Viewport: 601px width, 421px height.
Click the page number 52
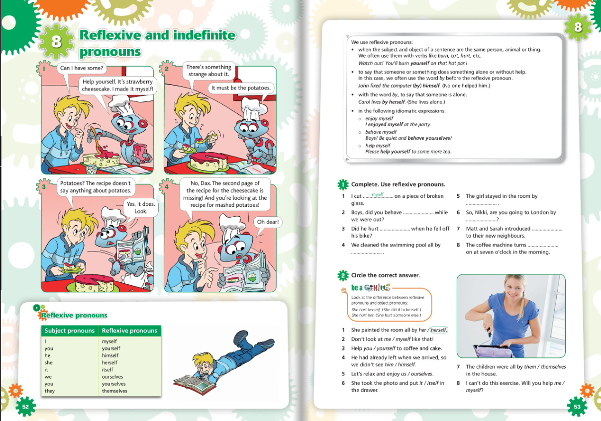pyautogui.click(x=25, y=407)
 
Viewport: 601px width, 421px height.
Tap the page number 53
pyautogui.click(x=577, y=407)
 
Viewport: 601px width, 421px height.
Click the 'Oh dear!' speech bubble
pyautogui.click(x=268, y=222)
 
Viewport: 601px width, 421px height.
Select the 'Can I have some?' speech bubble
pyautogui.click(x=82, y=68)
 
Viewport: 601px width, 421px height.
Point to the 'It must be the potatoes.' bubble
pyautogui.click(x=241, y=88)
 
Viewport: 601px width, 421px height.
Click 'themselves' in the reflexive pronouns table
pyautogui.click(x=114, y=391)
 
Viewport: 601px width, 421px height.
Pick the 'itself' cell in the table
pyautogui.click(x=107, y=370)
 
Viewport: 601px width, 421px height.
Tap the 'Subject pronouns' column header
pyautogui.click(x=70, y=331)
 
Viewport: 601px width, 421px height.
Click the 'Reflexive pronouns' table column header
pyautogui.click(x=129, y=331)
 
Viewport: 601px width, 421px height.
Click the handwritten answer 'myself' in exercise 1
pyautogui.click(x=378, y=194)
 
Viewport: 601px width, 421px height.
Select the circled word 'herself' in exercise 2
pyautogui.click(x=439, y=330)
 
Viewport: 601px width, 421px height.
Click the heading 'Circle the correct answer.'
pyautogui.click(x=385, y=275)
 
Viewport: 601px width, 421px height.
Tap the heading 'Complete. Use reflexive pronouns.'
pyautogui.click(x=398, y=184)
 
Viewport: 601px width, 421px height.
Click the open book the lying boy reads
pyautogui.click(x=195, y=384)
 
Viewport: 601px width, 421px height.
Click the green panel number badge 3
pyautogui.click(x=44, y=187)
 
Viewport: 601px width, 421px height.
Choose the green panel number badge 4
pyautogui.click(x=167, y=187)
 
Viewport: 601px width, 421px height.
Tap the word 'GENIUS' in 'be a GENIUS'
pyautogui.click(x=377, y=288)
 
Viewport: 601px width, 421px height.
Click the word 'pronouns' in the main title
pyautogui.click(x=110, y=52)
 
